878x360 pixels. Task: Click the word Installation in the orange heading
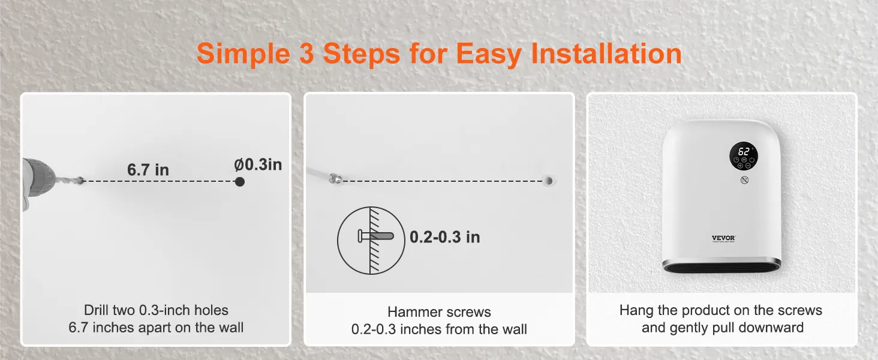click(x=607, y=54)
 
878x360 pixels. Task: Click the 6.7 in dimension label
click(x=148, y=170)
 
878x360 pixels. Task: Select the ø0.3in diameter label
click(x=258, y=164)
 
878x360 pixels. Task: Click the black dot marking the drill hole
click(x=240, y=181)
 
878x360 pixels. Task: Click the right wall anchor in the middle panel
click(x=548, y=179)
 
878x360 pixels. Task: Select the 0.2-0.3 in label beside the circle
click(x=444, y=237)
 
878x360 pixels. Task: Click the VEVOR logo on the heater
click(x=723, y=238)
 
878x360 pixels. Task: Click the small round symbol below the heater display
click(x=744, y=180)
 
